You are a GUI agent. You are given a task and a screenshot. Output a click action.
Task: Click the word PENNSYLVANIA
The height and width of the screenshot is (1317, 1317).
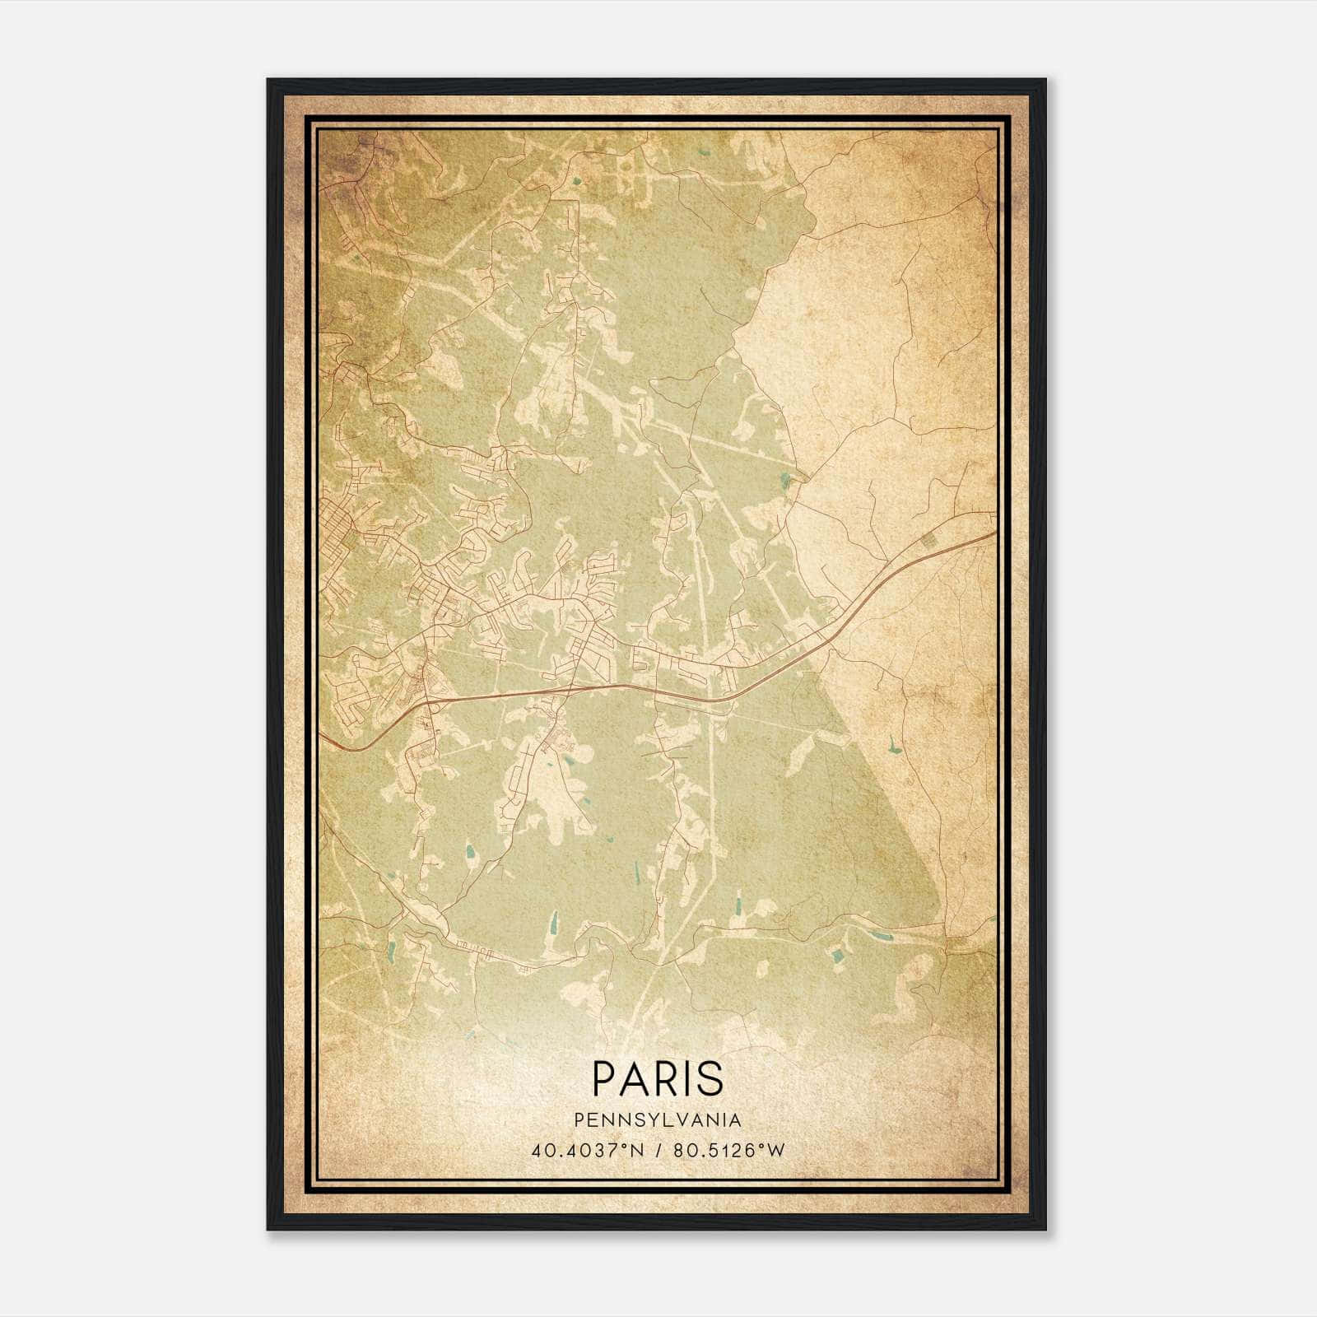click(x=658, y=1120)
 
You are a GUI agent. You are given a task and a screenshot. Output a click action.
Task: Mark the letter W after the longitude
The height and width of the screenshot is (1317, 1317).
click(x=776, y=1150)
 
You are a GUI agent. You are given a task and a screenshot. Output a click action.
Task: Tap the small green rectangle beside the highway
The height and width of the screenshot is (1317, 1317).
click(x=930, y=540)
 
